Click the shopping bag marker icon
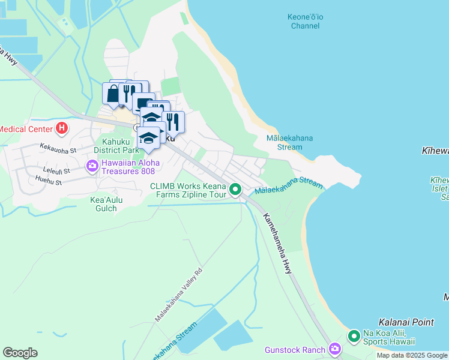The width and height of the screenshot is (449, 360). click(x=113, y=94)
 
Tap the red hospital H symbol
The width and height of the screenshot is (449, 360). click(x=61, y=128)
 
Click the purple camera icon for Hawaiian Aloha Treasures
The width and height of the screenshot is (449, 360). click(x=92, y=166)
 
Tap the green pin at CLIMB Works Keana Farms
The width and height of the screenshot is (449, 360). click(x=235, y=190)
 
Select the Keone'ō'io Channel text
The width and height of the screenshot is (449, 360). click(x=306, y=21)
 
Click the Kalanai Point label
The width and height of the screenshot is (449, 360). click(x=406, y=322)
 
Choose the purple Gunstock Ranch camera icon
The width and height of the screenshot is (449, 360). click(x=334, y=349)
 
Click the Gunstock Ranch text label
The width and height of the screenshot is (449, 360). click(x=295, y=350)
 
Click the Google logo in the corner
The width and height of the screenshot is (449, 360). click(x=20, y=353)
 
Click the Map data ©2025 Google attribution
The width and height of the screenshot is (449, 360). click(x=411, y=355)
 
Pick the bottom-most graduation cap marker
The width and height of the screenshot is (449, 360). click(x=148, y=137)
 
